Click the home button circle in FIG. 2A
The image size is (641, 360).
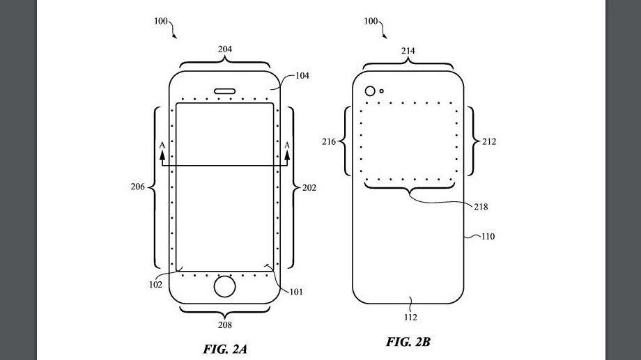(224, 288)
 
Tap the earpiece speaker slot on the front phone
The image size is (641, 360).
(224, 90)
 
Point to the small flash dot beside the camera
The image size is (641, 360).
(382, 91)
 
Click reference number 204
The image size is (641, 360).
(224, 49)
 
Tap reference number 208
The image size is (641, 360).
(224, 324)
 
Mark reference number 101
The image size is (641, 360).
(296, 292)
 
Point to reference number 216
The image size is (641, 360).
(329, 142)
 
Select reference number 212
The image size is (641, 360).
(488, 142)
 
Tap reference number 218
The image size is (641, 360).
(480, 207)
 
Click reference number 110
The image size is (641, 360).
(487, 237)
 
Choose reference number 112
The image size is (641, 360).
(410, 318)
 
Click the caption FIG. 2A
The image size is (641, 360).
(224, 349)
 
